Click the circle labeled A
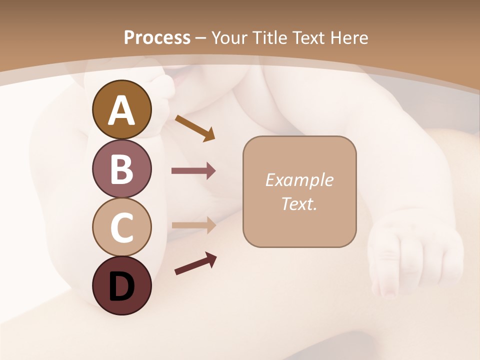[x=121, y=109]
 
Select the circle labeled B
[x=121, y=168]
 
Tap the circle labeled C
[x=121, y=227]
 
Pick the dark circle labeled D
[x=121, y=285]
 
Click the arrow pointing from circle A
[x=195, y=128]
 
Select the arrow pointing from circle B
[x=193, y=171]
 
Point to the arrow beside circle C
[x=193, y=225]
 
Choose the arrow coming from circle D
[x=195, y=263]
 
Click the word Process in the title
[x=157, y=38]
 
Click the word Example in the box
[x=299, y=180]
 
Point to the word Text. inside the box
[x=299, y=203]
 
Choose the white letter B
[x=121, y=169]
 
